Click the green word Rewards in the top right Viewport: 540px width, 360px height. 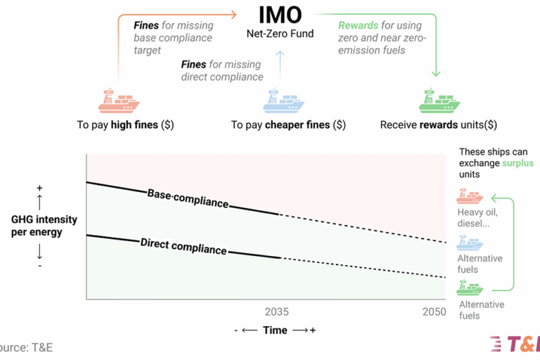click(x=359, y=25)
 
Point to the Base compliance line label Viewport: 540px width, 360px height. click(x=188, y=198)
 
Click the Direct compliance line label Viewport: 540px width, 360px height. click(x=184, y=246)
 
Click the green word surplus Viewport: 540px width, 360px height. click(x=517, y=163)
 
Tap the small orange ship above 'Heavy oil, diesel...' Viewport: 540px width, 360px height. click(x=470, y=196)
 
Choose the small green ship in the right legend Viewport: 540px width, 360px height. click(x=470, y=288)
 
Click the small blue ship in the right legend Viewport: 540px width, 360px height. click(x=470, y=243)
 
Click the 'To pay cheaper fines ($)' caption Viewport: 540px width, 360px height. click(x=288, y=125)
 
